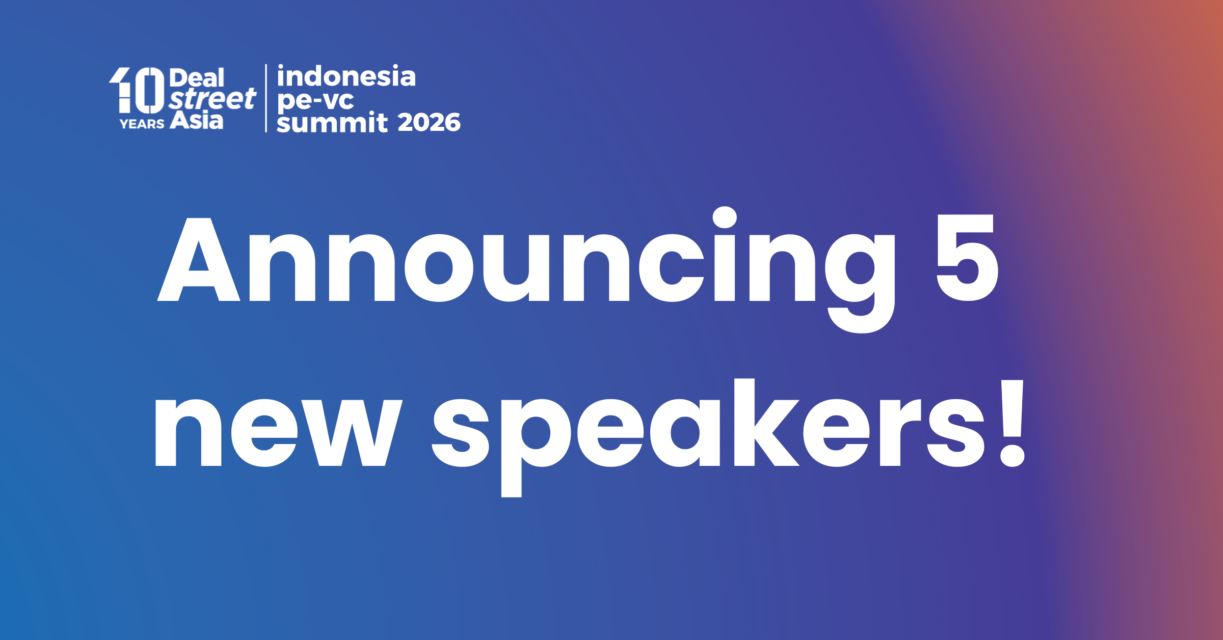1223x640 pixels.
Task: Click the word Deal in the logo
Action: coord(197,78)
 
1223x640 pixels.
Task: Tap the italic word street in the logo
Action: coord(212,99)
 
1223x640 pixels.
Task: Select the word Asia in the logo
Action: coord(197,121)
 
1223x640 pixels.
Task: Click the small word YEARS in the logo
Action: coord(142,124)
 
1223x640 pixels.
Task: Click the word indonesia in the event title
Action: coord(347,77)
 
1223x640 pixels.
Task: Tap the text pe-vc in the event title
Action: coord(315,100)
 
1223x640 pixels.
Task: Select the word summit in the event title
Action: coord(332,123)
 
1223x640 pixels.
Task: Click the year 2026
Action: coord(429,123)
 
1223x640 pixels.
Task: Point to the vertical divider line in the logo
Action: coord(266,98)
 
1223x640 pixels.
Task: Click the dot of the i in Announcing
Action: coord(725,218)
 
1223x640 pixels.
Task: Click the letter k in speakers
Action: coord(764,423)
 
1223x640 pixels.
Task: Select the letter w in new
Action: coord(352,433)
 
